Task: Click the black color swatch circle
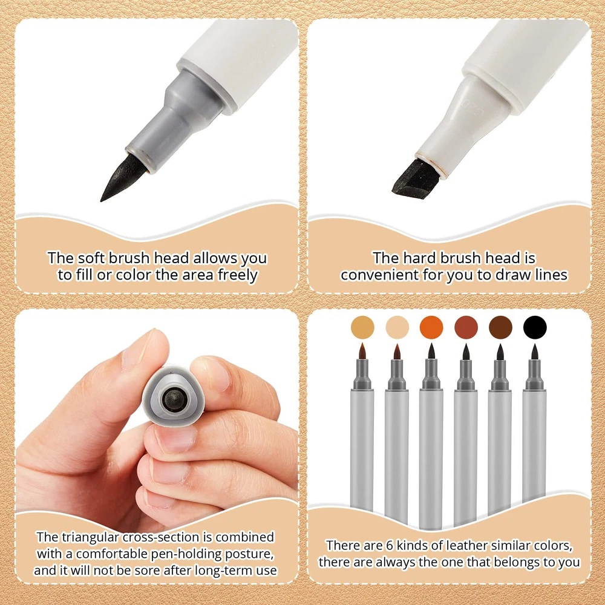[535, 327]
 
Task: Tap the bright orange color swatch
[431, 327]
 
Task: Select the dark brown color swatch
[500, 327]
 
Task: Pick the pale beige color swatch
[397, 327]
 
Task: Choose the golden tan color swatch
[362, 327]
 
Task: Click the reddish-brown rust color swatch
[466, 327]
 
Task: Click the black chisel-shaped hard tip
[416, 179]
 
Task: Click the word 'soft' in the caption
[91, 258]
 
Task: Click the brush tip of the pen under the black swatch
[535, 352]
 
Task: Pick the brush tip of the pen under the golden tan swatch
[362, 351]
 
